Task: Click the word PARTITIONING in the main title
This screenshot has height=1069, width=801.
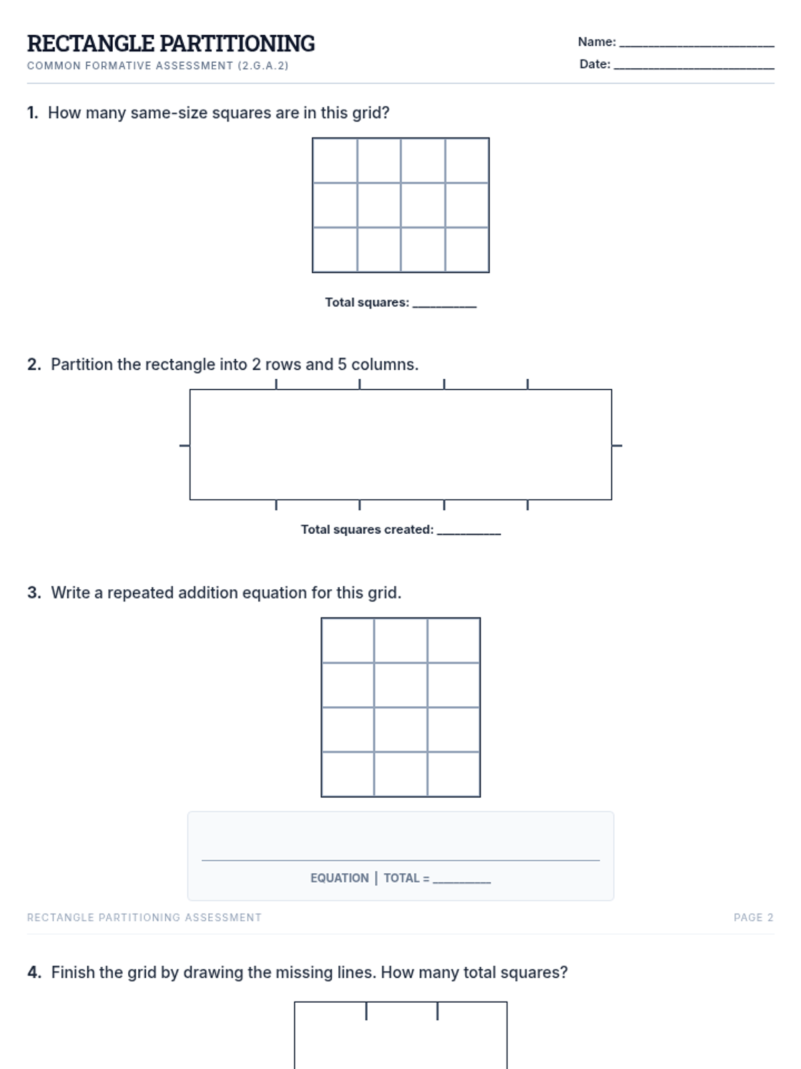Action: [238, 43]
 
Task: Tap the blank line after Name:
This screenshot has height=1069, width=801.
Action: [696, 46]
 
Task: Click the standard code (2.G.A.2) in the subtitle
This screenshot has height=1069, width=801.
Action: [263, 65]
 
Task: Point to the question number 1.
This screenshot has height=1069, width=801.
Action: [33, 113]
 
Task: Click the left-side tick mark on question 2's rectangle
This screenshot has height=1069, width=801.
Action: [185, 445]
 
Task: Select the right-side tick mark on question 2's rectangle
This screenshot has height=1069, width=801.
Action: [617, 445]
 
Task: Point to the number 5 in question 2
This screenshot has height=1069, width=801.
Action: [342, 364]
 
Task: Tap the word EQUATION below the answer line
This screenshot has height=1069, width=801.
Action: [340, 878]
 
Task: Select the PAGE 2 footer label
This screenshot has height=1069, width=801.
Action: [754, 917]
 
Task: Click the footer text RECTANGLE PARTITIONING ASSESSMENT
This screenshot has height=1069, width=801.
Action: [144, 917]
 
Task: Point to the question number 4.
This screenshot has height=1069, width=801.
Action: [34, 973]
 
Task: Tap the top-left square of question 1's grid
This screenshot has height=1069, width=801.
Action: [335, 161]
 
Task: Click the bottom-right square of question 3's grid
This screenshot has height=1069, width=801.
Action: [453, 774]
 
